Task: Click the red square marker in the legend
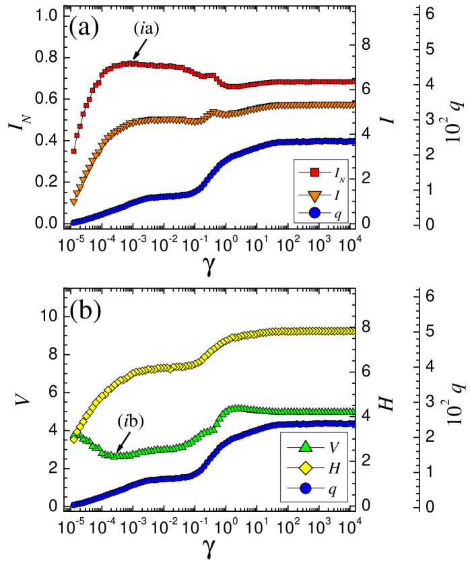[x=314, y=172]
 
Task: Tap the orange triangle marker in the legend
[x=314, y=196]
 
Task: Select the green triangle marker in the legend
[x=306, y=447]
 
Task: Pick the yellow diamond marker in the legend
[x=306, y=468]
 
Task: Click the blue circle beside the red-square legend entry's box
[x=314, y=213]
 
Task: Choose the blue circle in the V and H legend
[x=306, y=488]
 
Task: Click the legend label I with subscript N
[x=339, y=174]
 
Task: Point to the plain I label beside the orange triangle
[x=337, y=196]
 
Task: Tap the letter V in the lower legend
[x=333, y=448]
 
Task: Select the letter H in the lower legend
[x=334, y=469]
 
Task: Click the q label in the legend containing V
[x=332, y=490]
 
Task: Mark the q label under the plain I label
[x=337, y=215]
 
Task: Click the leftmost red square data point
[x=74, y=152]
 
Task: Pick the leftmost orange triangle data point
[x=74, y=202]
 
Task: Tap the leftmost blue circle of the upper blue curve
[x=74, y=222]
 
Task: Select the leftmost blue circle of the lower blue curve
[x=74, y=504]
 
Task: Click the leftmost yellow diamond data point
[x=74, y=439]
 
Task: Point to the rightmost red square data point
[x=353, y=82]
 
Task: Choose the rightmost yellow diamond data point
[x=353, y=331]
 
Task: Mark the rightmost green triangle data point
[x=353, y=411]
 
